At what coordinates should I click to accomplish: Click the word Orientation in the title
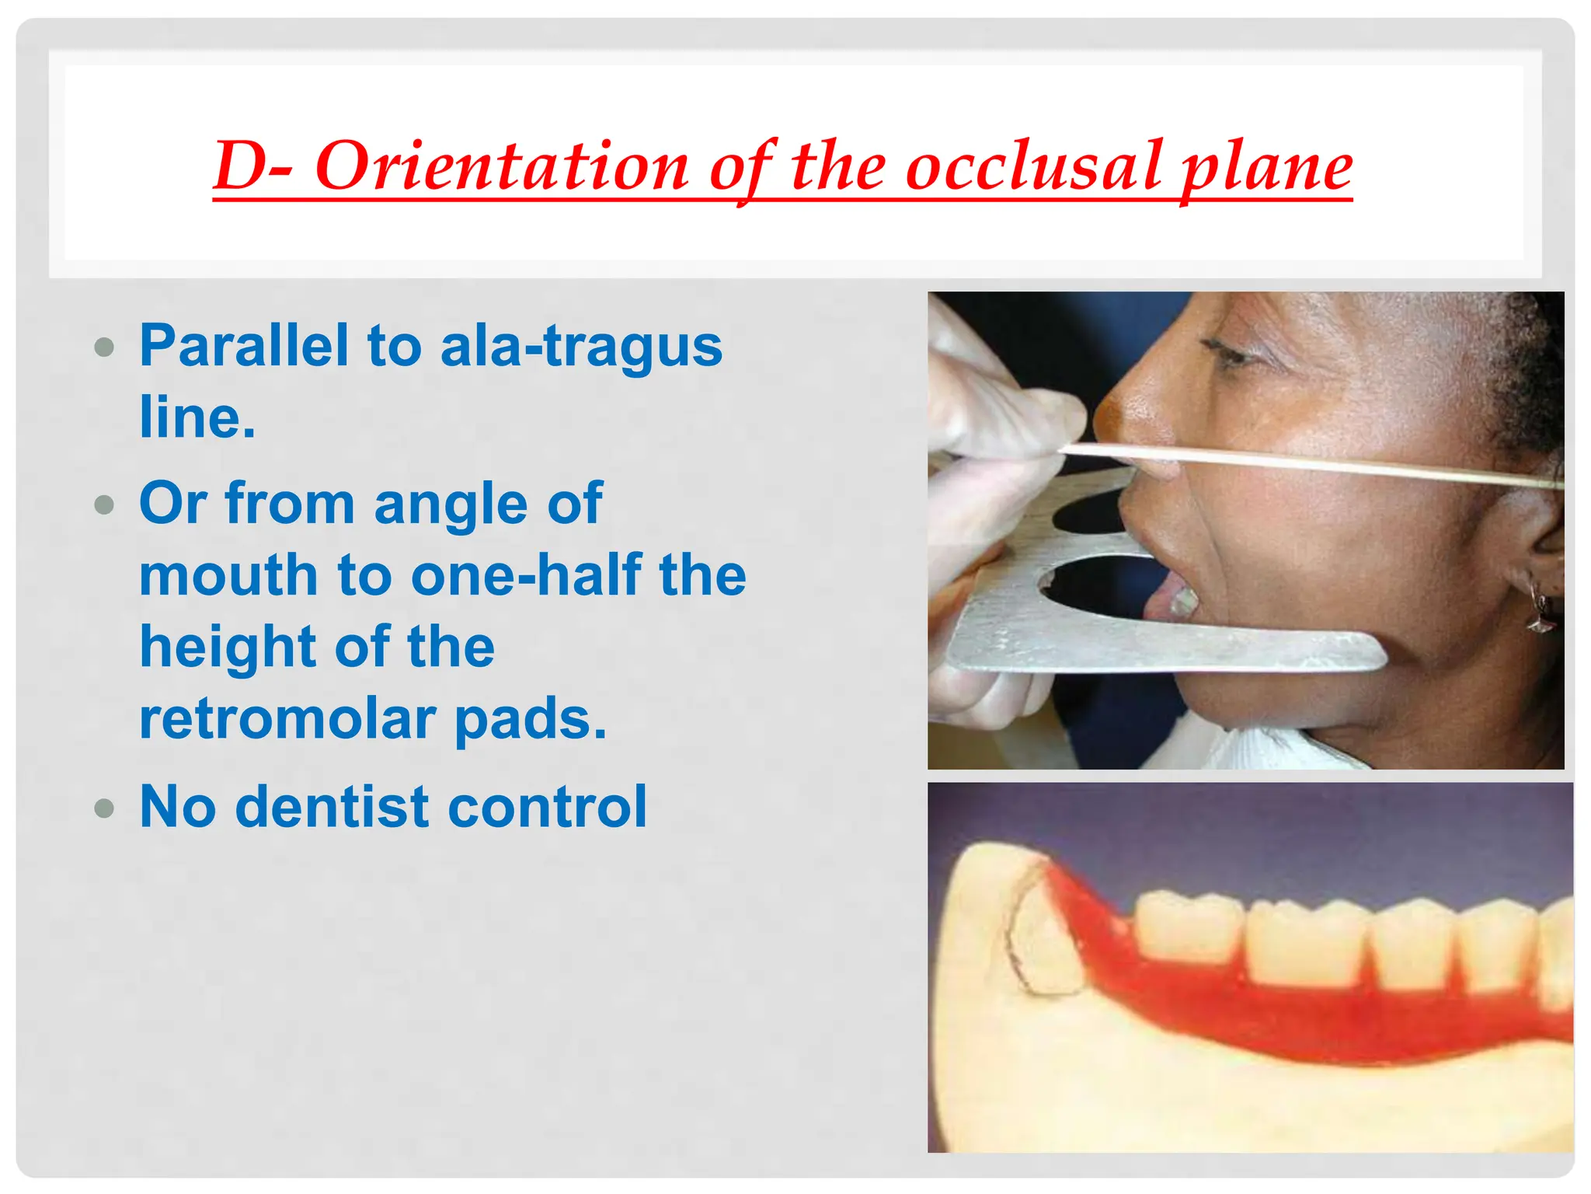pos(502,167)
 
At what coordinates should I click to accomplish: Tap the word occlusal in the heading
pos(1033,167)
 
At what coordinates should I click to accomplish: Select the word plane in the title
pos(1266,167)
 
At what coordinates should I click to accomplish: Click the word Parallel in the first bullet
pos(243,346)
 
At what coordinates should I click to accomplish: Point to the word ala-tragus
pos(581,346)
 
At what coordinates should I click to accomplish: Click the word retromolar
pos(287,718)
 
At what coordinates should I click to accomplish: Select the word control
pos(547,806)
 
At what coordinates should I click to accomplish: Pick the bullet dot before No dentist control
pos(104,809)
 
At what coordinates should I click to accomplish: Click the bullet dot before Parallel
pos(104,347)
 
